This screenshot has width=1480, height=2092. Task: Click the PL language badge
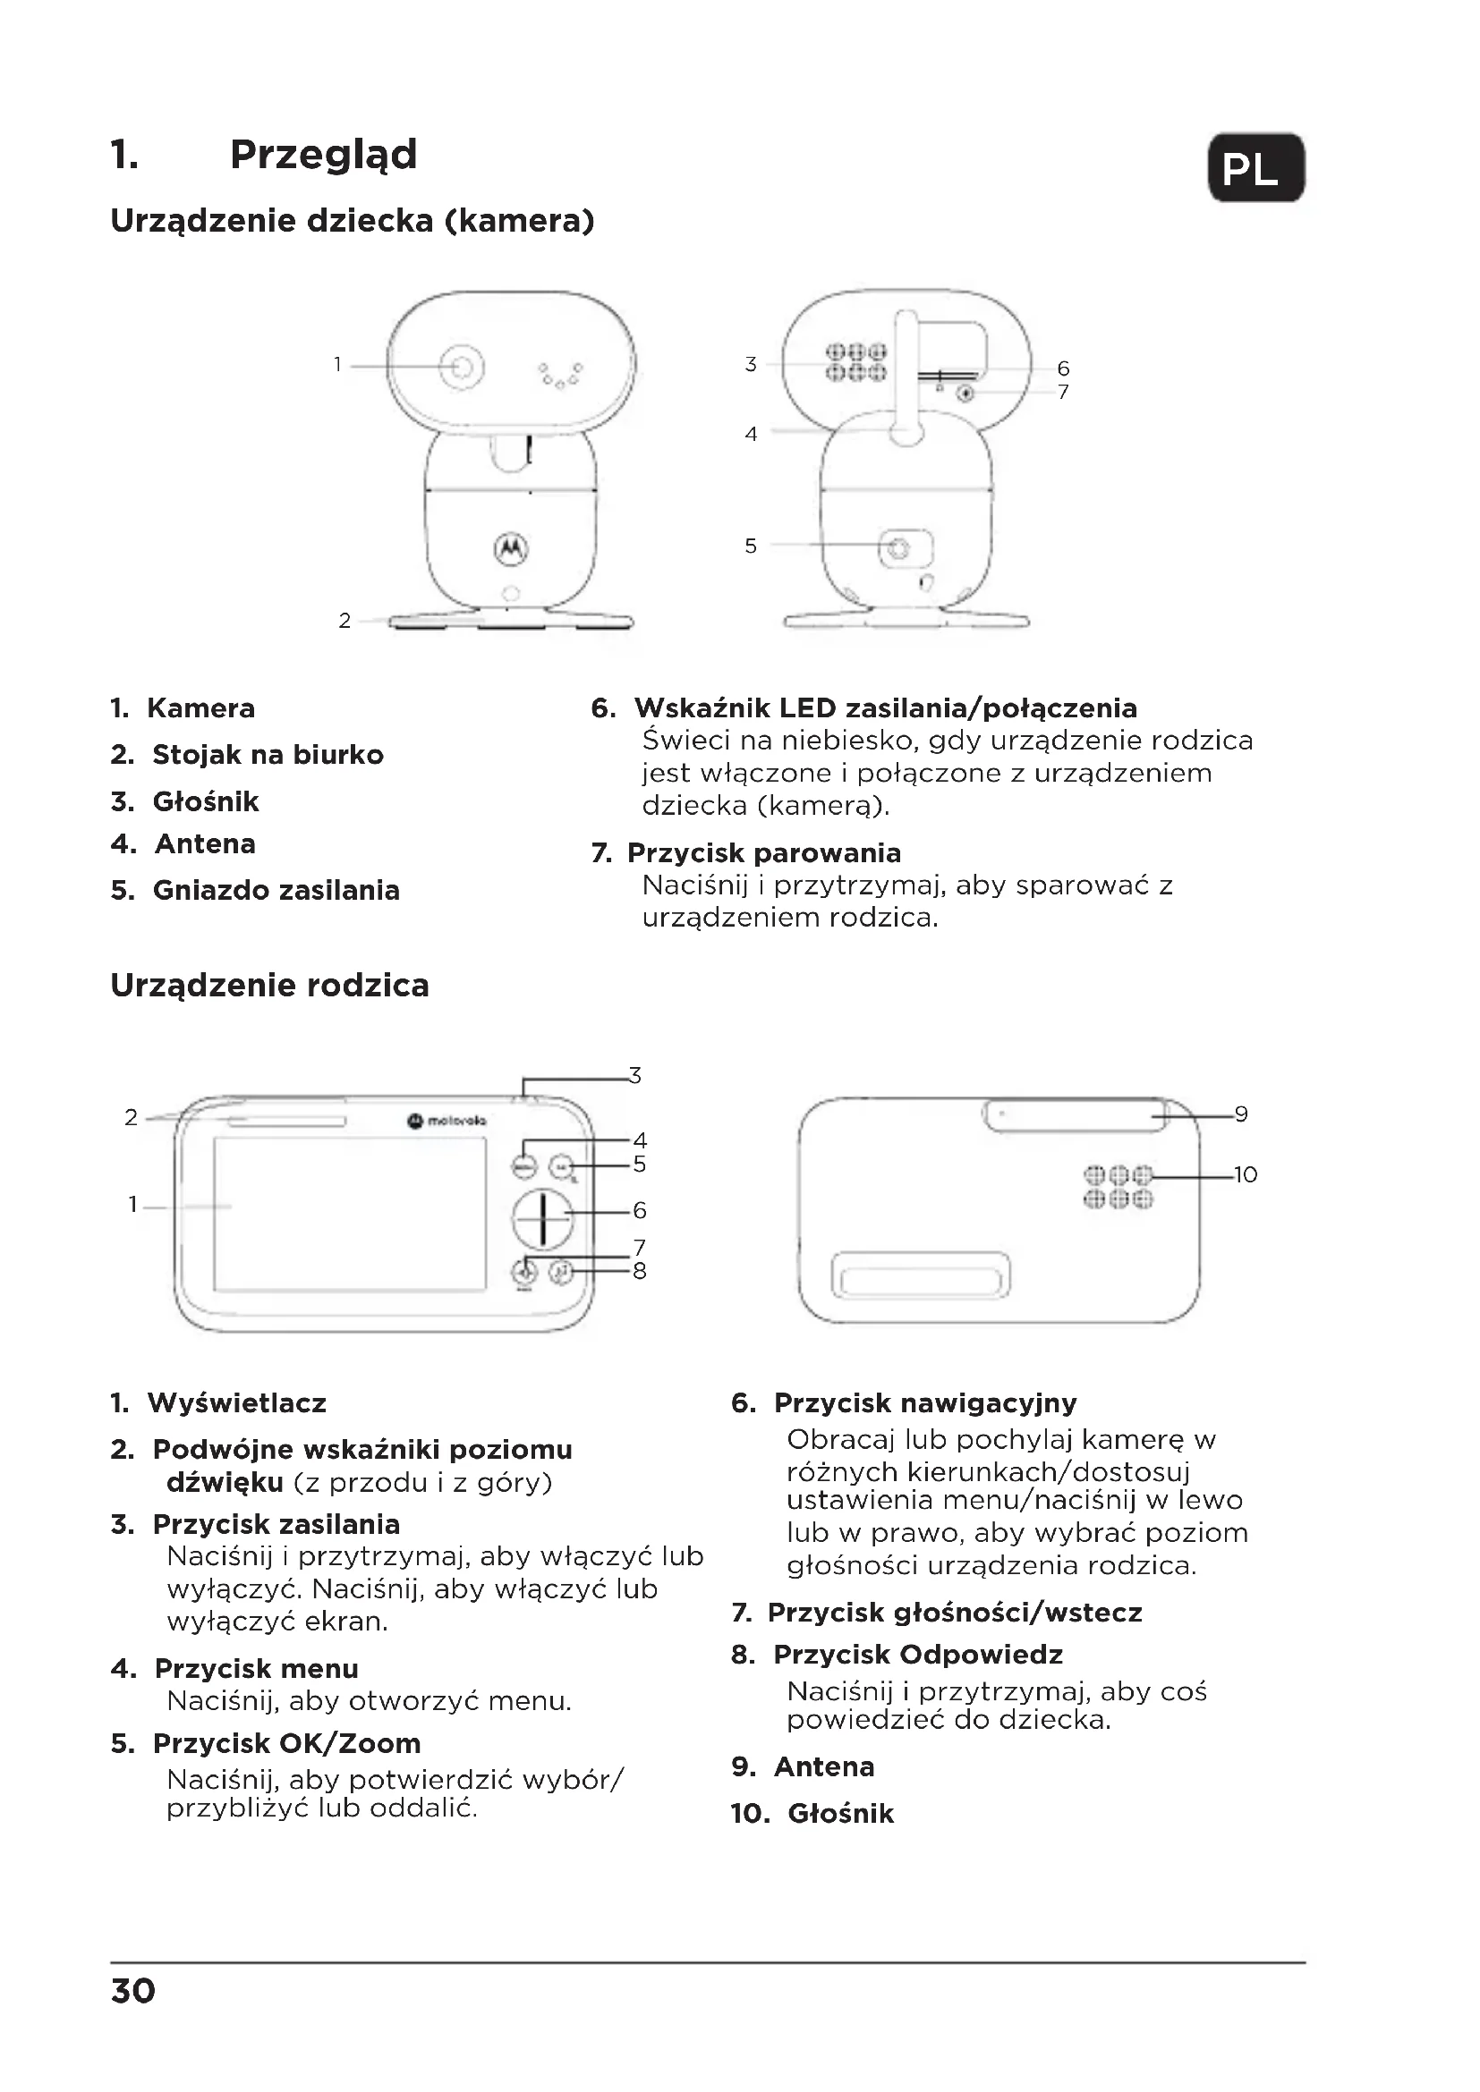(x=1255, y=167)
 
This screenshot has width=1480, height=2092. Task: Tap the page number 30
(x=133, y=1991)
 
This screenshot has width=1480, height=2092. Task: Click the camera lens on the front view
(x=463, y=367)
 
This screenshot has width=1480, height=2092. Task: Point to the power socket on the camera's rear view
(x=898, y=547)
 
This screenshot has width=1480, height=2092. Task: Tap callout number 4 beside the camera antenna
(x=751, y=435)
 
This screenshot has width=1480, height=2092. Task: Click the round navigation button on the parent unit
(x=542, y=1217)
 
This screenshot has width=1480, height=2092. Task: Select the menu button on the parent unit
(x=524, y=1165)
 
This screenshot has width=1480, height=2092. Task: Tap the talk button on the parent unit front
(x=562, y=1271)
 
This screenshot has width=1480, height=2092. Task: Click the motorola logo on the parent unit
(x=447, y=1120)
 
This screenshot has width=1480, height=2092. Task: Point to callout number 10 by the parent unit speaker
(x=1245, y=1174)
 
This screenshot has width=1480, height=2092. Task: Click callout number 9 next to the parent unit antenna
(x=1240, y=1114)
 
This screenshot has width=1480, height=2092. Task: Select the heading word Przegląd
(x=324, y=154)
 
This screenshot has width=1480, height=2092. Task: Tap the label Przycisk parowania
(x=763, y=853)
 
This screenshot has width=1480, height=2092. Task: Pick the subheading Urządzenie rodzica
(x=269, y=985)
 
